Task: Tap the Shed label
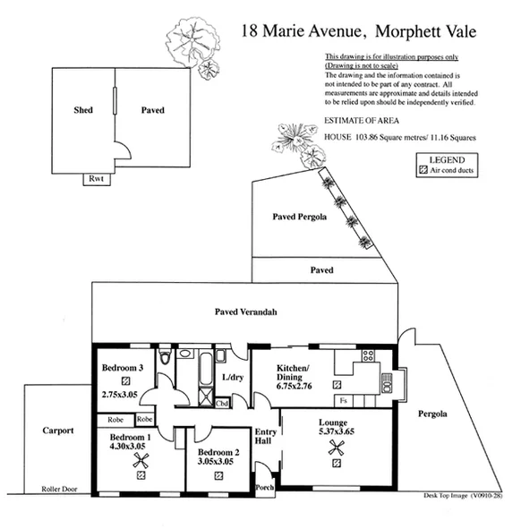pyautogui.click(x=83, y=110)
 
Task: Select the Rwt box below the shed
pyautogui.click(x=95, y=179)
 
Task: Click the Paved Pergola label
pyautogui.click(x=299, y=217)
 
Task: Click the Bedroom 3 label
pyautogui.click(x=122, y=368)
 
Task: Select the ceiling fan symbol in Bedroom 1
pyautogui.click(x=141, y=462)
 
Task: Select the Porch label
pyautogui.click(x=266, y=489)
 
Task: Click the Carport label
pyautogui.click(x=58, y=431)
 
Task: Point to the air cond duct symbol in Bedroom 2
pyautogui.click(x=218, y=476)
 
